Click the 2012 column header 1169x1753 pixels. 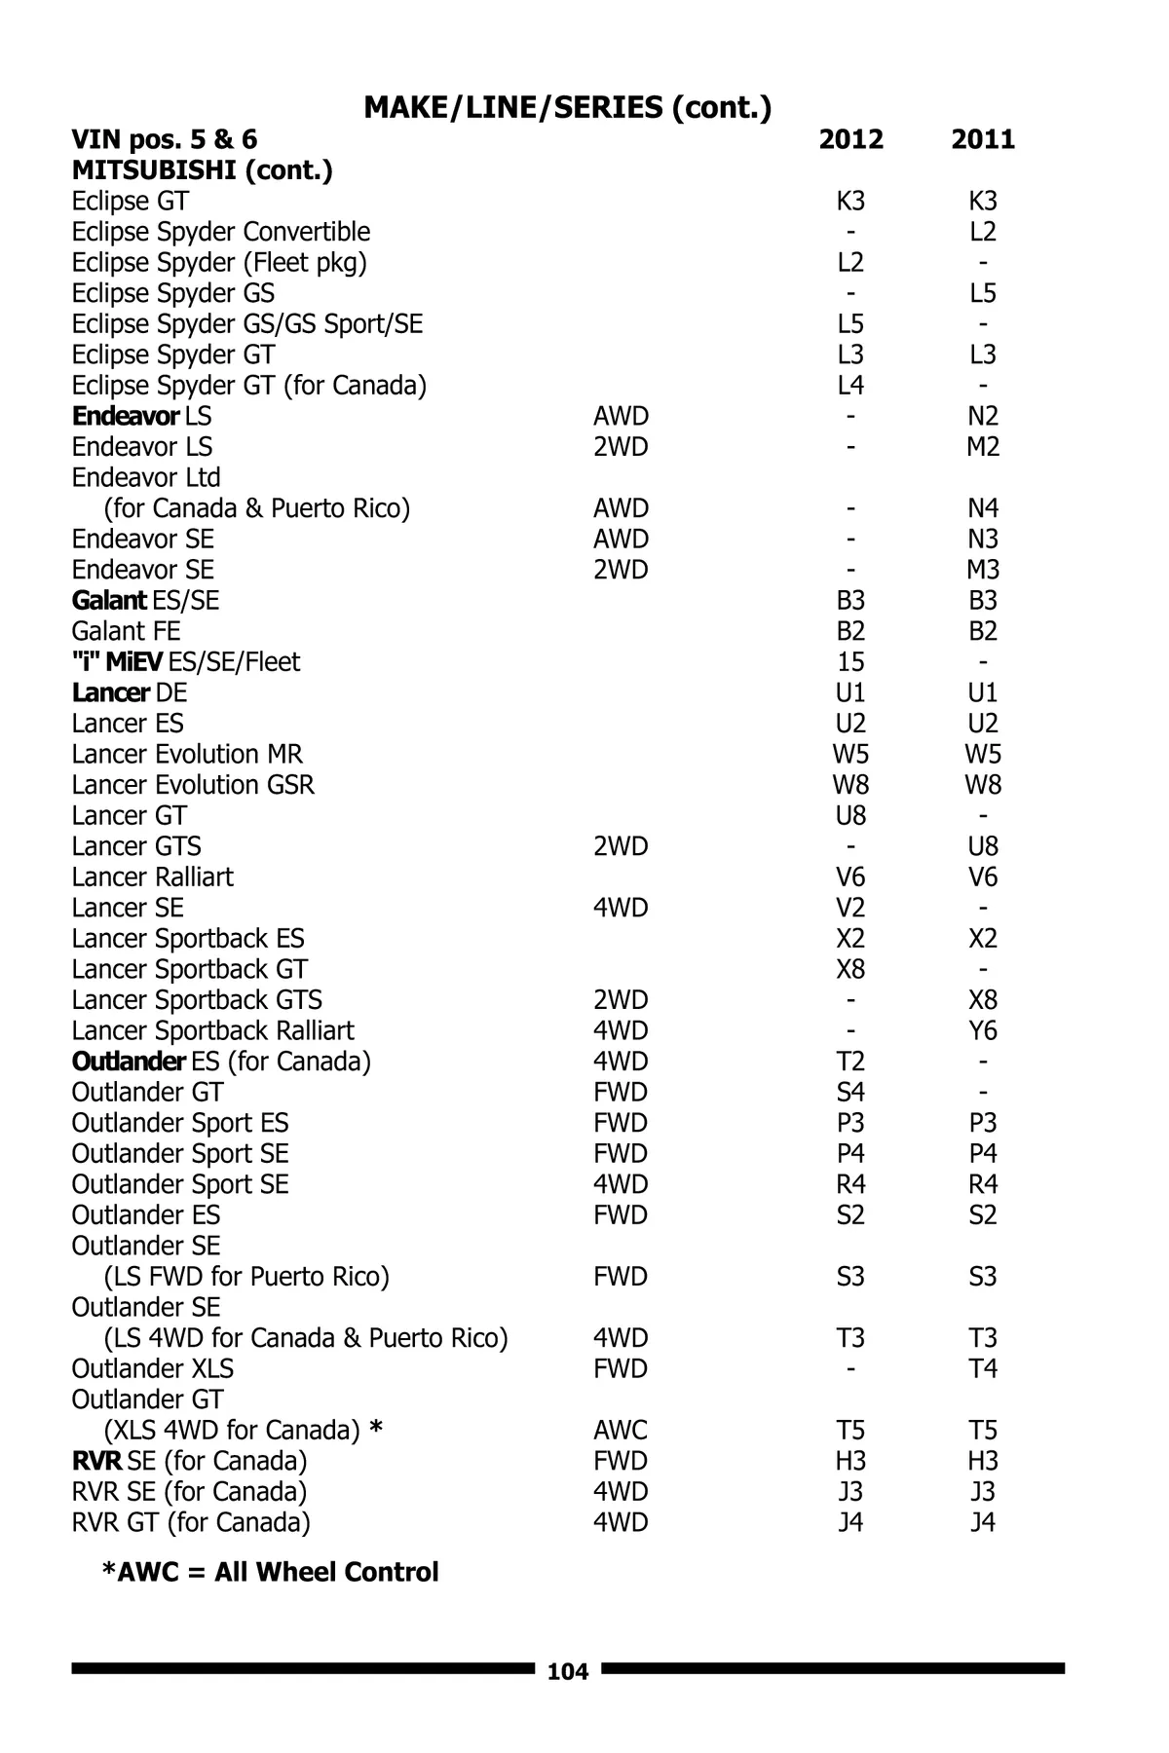(850, 139)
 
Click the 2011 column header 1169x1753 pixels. (983, 139)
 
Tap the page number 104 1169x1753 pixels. (568, 1672)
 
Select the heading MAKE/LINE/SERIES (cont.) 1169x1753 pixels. (567, 106)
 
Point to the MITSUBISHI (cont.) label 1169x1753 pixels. (202, 170)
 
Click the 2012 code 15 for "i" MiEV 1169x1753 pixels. (850, 662)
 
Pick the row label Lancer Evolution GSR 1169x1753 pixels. (193, 785)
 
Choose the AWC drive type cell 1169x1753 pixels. (620, 1430)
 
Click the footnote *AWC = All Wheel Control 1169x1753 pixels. (270, 1572)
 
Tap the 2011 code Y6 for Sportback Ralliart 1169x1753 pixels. (983, 1030)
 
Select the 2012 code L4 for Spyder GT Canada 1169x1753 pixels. (850, 386)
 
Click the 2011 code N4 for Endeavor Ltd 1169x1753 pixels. (983, 508)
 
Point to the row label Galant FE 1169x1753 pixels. (126, 631)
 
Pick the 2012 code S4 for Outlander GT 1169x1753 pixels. (850, 1092)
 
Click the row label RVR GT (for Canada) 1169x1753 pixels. (191, 1522)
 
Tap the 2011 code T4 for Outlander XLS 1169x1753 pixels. (983, 1368)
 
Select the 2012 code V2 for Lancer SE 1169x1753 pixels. (850, 908)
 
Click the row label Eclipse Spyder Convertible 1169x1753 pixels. (220, 232)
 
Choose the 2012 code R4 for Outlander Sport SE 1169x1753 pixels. (850, 1184)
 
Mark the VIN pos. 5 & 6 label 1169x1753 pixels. (164, 139)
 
